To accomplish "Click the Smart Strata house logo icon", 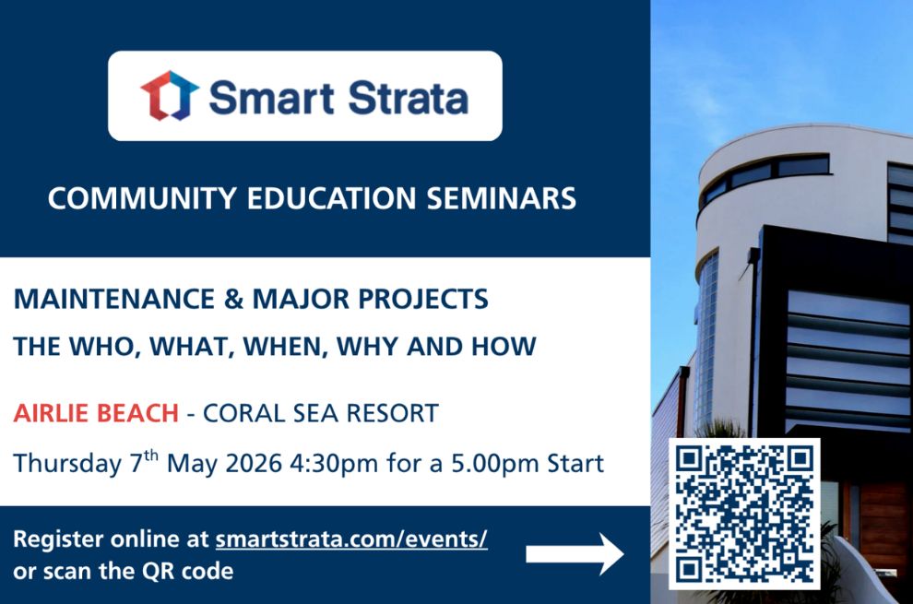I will point(170,96).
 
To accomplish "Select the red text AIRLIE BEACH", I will point(95,413).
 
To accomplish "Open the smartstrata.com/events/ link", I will point(351,539).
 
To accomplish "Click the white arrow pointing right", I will point(575,554).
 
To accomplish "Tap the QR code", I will point(743,513).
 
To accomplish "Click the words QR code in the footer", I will point(190,571).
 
